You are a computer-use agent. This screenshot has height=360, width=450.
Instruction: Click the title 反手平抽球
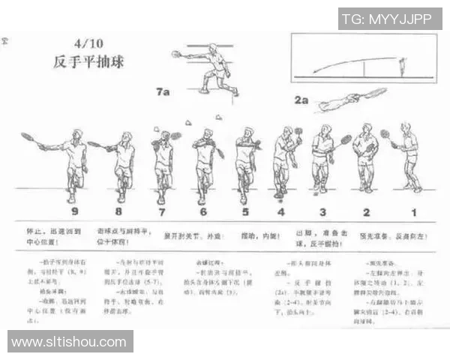[x=88, y=62]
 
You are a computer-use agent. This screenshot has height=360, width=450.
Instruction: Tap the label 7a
[x=163, y=91]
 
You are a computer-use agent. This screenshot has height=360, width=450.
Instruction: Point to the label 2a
[x=301, y=100]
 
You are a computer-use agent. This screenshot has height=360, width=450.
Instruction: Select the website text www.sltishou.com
[x=69, y=342]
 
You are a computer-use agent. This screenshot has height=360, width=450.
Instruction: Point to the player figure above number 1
[x=409, y=157]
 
